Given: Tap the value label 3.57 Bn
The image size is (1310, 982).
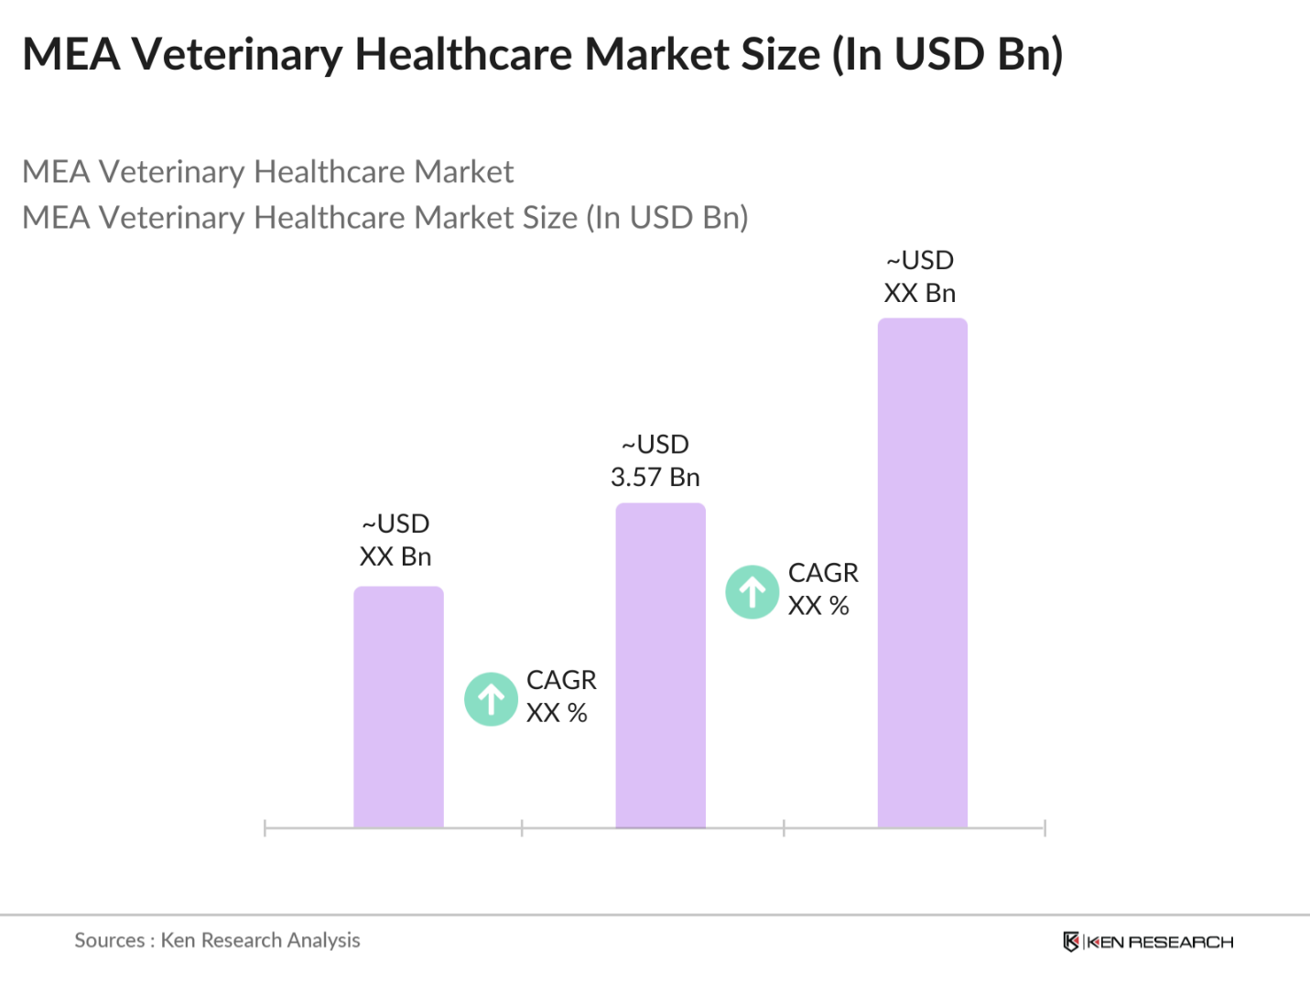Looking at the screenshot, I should (655, 477).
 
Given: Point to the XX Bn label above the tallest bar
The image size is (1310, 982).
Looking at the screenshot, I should (920, 293).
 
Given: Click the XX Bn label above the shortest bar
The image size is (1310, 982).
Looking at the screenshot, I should (395, 556).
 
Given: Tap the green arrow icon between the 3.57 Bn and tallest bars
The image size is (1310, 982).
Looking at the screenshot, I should (752, 592).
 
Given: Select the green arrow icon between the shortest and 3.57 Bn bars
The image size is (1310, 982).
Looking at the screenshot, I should (491, 699).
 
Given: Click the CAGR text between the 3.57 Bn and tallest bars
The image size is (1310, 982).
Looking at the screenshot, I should (823, 573).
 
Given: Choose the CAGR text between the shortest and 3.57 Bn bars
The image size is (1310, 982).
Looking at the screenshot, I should (561, 680).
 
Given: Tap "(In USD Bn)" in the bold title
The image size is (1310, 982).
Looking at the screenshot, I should (947, 54).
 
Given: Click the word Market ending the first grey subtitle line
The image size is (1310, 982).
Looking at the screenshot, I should (463, 172).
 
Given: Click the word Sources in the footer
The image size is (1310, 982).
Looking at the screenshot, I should (109, 940).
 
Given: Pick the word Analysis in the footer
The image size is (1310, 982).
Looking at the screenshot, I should (323, 940).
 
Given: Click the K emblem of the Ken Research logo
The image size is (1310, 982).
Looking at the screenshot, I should (1070, 942).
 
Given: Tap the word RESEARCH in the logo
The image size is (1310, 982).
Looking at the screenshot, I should (1180, 942).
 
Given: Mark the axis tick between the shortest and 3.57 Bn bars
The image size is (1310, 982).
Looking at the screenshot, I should (522, 828).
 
